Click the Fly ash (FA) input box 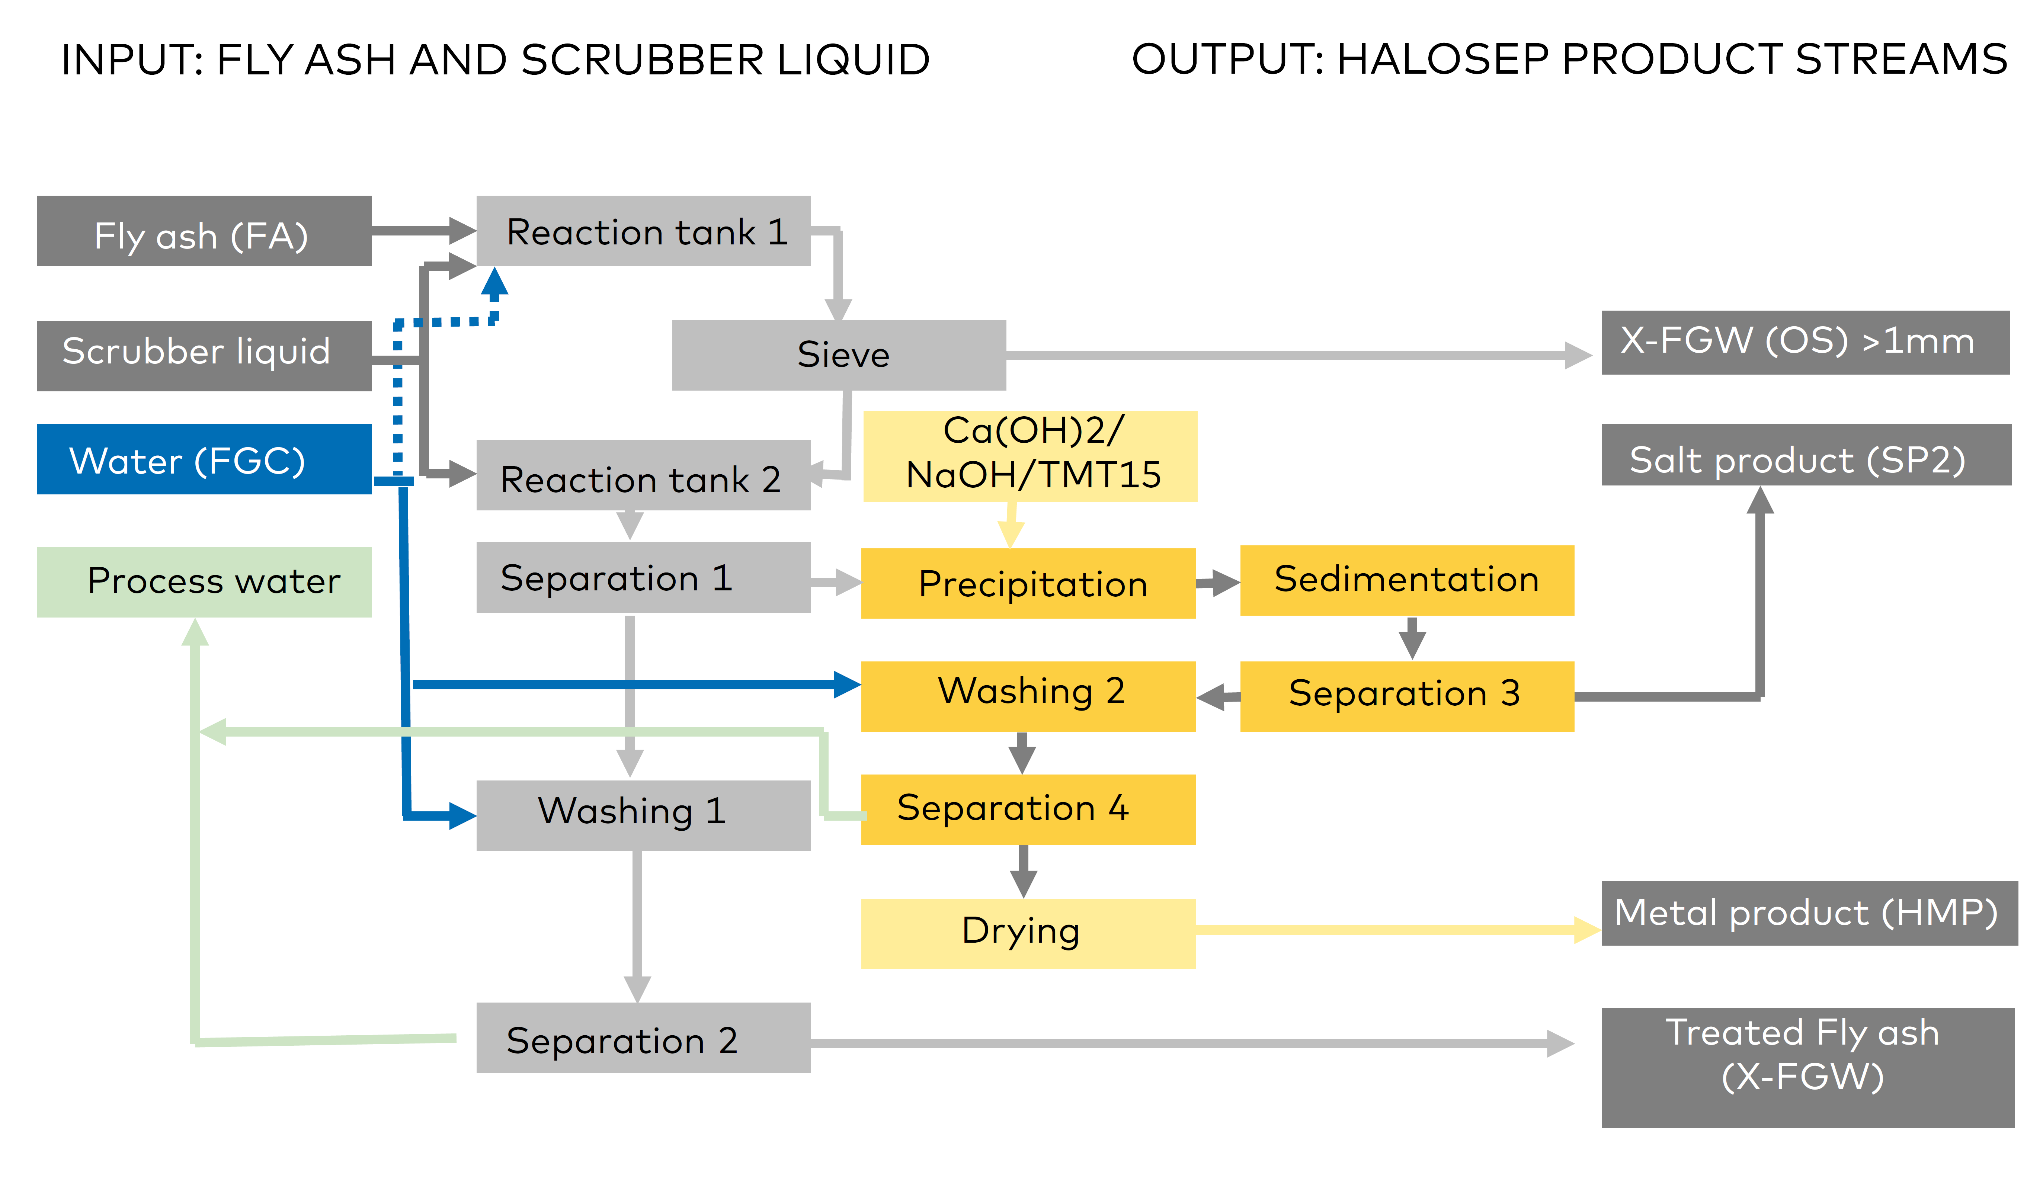point(204,231)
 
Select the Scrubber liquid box point(204,356)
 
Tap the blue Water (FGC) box point(204,459)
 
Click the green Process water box point(204,582)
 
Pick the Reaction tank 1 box point(644,231)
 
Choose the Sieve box point(839,355)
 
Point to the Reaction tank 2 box point(644,475)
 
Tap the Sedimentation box point(1408,581)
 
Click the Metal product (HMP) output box point(1809,913)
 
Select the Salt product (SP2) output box point(1806,455)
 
